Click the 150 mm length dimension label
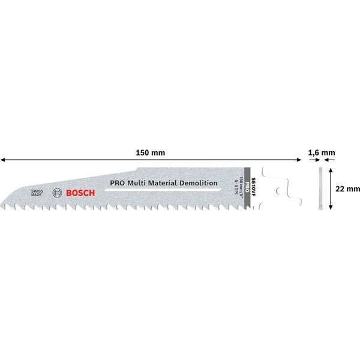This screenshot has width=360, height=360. (x=151, y=153)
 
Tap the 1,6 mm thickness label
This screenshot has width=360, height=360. (x=321, y=153)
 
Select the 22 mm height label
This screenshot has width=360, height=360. (x=348, y=188)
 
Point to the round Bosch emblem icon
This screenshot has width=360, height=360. (x=58, y=193)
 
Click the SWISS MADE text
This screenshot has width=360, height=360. (x=38, y=193)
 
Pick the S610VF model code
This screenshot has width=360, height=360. (x=253, y=180)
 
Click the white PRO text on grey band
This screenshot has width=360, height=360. (x=247, y=190)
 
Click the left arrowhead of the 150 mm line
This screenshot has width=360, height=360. (x=3, y=160)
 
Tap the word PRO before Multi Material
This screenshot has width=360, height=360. (x=116, y=184)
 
